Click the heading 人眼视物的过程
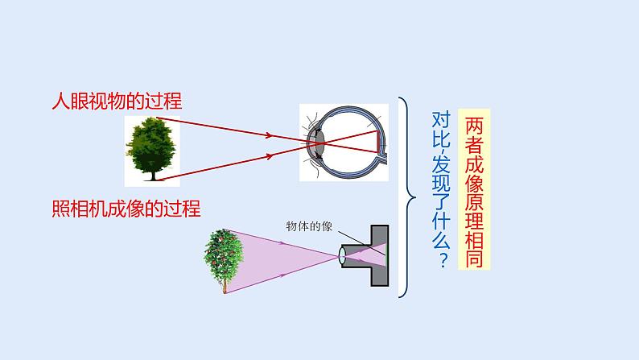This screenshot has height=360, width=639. coord(116,101)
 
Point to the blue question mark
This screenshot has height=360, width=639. coord(442,263)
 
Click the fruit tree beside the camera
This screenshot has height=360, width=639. coord(224,259)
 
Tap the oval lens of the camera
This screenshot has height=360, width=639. coord(342,256)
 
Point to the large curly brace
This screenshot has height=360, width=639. coord(407,197)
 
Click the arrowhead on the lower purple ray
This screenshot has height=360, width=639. coord(283,273)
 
